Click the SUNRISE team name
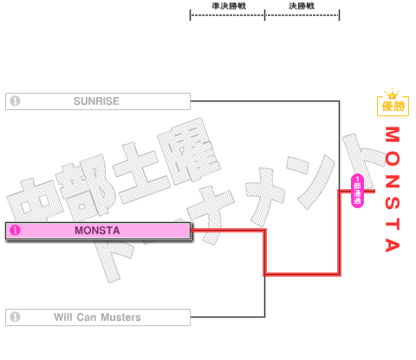[x=96, y=101]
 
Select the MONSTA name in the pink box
[x=97, y=231]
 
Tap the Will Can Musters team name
[x=97, y=317]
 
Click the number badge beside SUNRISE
[x=15, y=101]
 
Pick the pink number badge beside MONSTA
[x=15, y=231]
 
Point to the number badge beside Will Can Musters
[x=15, y=317]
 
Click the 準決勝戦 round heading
[x=229, y=6]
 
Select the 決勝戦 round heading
[x=302, y=6]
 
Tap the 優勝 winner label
[x=393, y=106]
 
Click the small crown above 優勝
[x=392, y=94]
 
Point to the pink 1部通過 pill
[x=357, y=191]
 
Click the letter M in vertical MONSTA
[x=393, y=134]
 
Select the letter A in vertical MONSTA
[x=393, y=245]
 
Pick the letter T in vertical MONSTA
[x=393, y=224]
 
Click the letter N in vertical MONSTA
[x=393, y=181]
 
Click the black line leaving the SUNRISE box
[x=265, y=101]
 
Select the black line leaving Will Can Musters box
[x=228, y=317]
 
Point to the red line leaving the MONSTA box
[x=228, y=231]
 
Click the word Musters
[x=120, y=317]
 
